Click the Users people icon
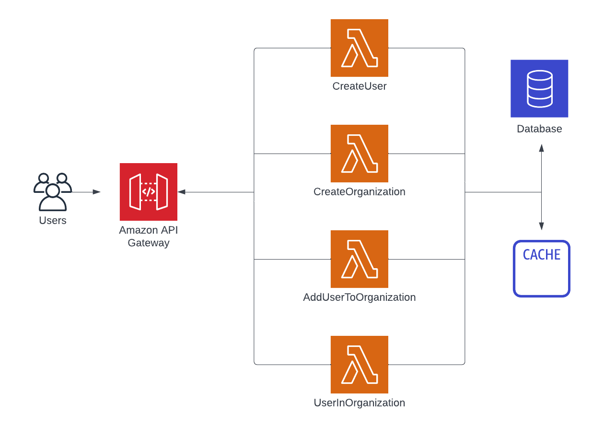52,192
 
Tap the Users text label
52,221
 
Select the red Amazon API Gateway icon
148,192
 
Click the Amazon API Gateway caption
148,237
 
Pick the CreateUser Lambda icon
359,48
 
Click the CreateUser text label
359,86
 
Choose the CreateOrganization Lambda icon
359,154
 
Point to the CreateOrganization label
359,192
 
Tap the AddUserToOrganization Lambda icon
359,259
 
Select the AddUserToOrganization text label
359,297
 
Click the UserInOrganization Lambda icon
359,365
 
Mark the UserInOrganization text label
359,403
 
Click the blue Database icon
539,89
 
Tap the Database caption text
539,129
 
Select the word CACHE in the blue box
542,255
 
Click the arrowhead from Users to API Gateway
97,192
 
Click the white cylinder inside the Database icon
539,89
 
